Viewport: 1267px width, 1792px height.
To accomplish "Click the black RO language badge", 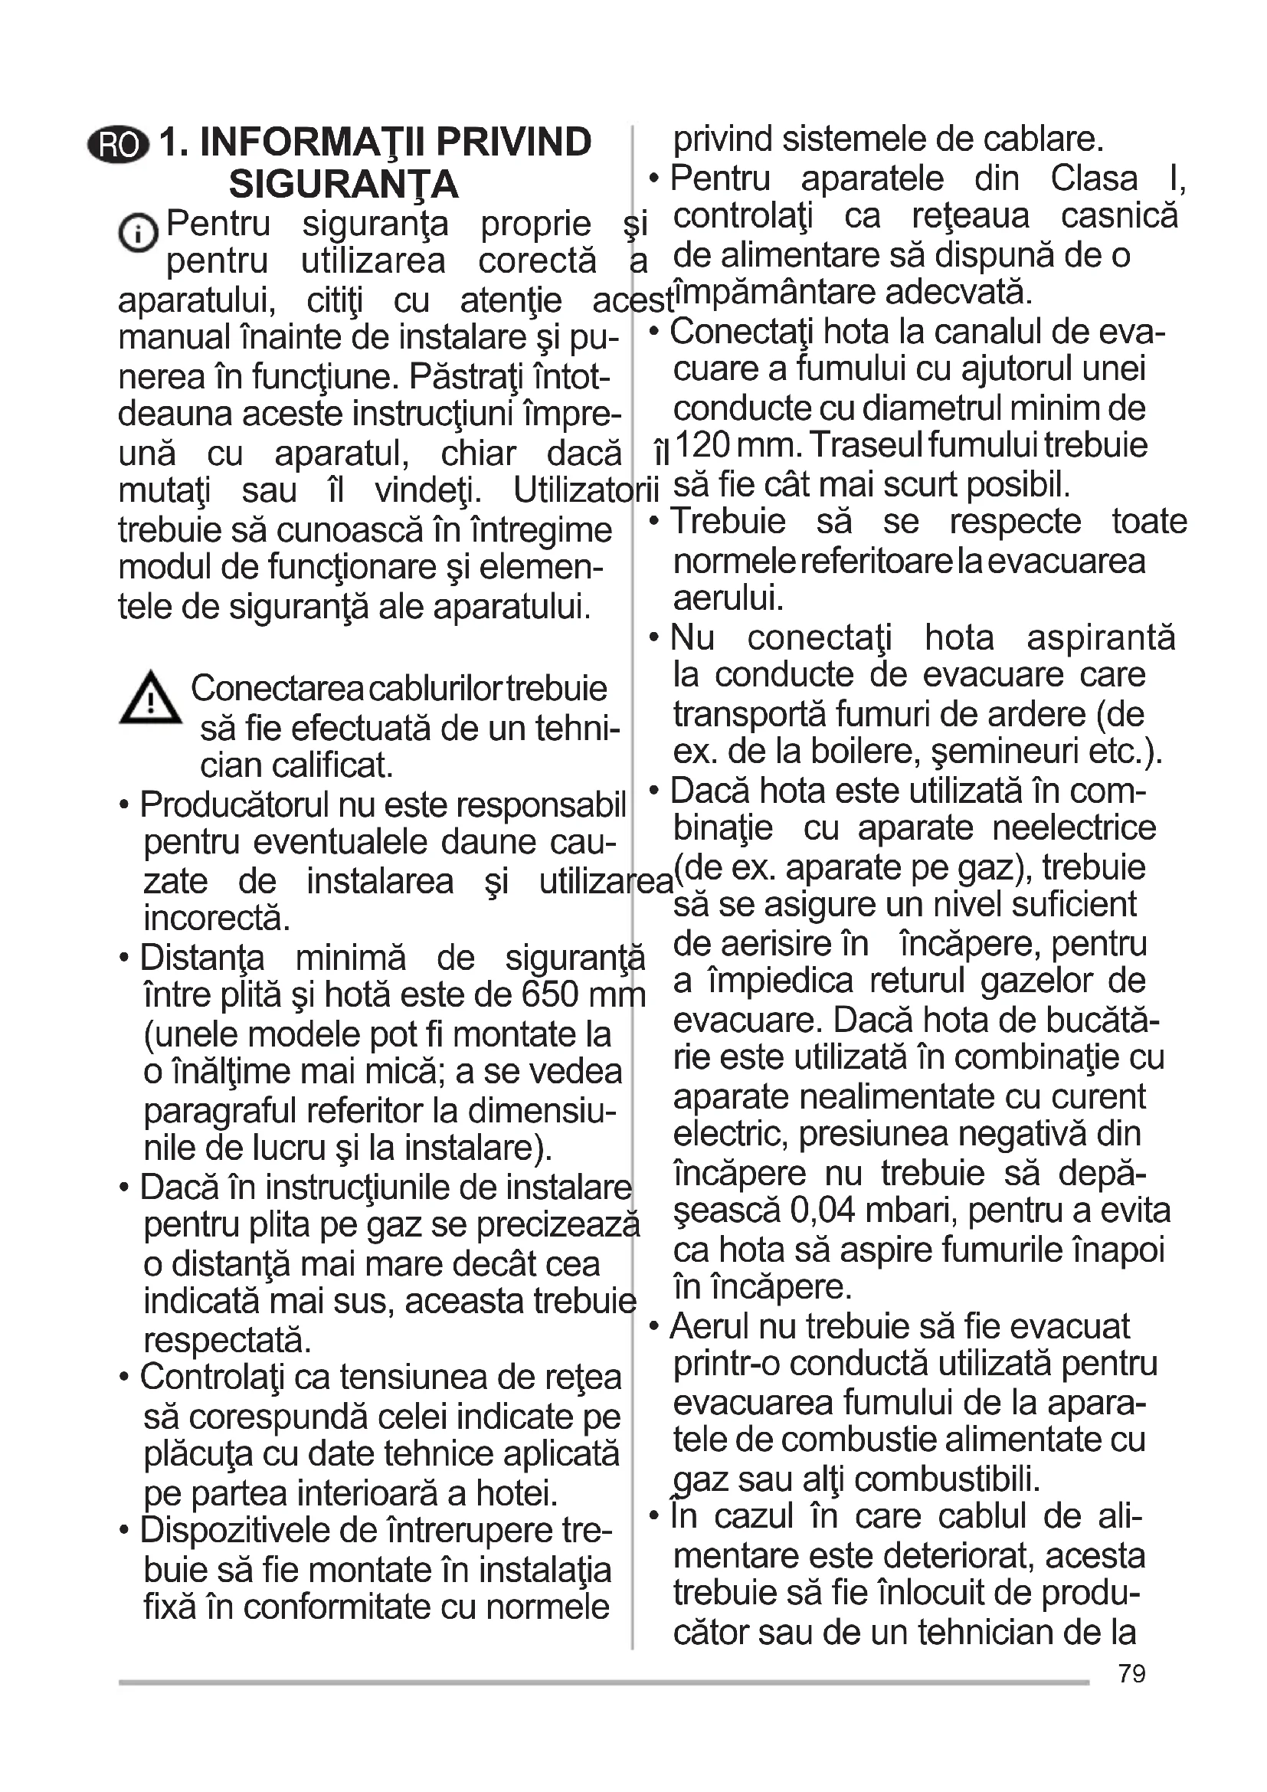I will [118, 145].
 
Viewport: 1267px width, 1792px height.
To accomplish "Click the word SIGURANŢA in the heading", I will [343, 184].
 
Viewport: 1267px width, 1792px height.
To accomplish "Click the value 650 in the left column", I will [550, 995].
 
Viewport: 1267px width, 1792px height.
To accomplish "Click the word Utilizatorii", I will [586, 491].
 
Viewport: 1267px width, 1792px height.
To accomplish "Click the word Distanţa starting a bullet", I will [202, 958].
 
